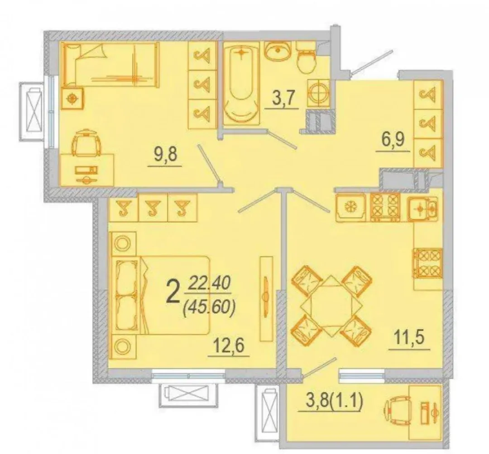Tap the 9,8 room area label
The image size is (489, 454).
(165, 155)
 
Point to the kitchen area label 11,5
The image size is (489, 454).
(409, 338)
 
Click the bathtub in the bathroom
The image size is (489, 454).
(241, 84)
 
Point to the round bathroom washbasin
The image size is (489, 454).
(278, 51)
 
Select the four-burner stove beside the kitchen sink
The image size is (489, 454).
(385, 207)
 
